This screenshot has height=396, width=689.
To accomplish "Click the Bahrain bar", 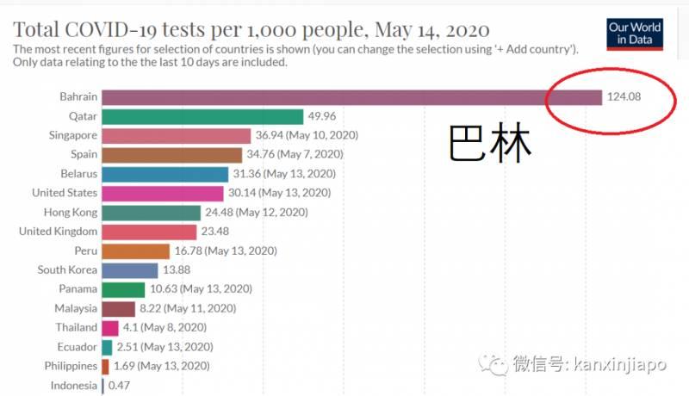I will pos(351,96).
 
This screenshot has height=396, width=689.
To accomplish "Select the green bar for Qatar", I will pos(202,116).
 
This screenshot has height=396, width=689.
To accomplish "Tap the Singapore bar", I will pos(176,135).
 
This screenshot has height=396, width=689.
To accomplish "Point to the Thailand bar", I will pos(109,327).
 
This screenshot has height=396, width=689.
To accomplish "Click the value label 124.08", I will pos(624,96).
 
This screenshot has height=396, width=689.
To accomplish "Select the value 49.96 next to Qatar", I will pos(326,116).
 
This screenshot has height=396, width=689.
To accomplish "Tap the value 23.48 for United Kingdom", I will pos(219,232).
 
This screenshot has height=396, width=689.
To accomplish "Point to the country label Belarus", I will pos(76,173).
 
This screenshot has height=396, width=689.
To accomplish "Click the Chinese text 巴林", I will pos(490,144).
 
